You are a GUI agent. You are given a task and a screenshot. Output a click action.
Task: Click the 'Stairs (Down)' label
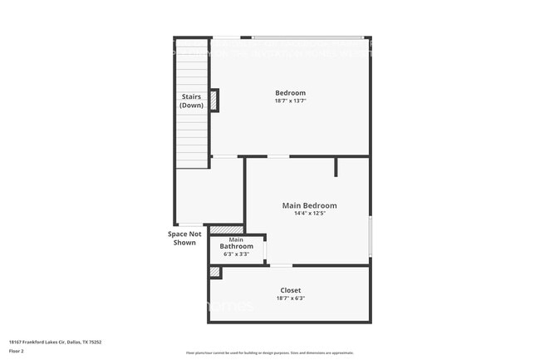point(191,101)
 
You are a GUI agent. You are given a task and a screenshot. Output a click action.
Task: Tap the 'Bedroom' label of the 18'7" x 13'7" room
point(290,92)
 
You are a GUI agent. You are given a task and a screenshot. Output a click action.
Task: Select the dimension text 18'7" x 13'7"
point(290,101)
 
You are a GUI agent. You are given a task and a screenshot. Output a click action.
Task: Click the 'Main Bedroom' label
point(309,205)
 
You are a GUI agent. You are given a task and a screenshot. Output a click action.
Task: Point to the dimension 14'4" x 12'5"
point(309,214)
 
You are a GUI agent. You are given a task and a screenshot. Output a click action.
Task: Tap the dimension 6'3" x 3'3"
point(236,254)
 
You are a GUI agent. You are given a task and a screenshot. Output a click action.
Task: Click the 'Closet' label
point(290,290)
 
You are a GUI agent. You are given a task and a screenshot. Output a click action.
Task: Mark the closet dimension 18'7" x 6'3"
point(290,298)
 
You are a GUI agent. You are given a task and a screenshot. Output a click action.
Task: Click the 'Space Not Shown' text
point(184,238)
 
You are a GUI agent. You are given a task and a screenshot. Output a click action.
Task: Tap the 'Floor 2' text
point(17,351)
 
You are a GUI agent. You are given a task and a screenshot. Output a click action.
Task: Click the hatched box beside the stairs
point(214,100)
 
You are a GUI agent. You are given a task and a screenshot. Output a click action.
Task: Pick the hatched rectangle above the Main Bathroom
point(226,229)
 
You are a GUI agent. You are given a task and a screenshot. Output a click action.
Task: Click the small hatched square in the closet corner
point(215,272)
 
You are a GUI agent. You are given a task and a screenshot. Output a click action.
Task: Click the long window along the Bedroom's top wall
point(307,37)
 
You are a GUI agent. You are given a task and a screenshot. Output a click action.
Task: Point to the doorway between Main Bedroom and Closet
point(282,265)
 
